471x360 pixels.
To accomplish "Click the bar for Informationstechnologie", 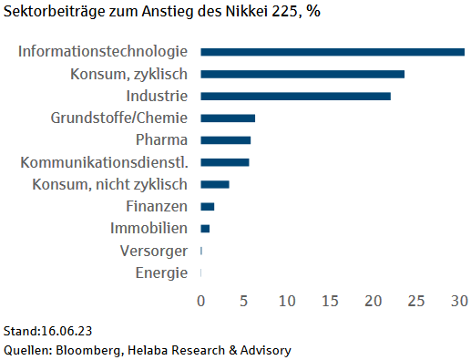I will pos(333,52).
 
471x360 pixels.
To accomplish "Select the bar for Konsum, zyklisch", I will pos(302,74).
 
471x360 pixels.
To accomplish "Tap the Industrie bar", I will pos(295,96).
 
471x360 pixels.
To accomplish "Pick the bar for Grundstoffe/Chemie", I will pos(228,118).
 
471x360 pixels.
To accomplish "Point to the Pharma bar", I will pos(225,140).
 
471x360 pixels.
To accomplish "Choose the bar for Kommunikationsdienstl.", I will pos(224,162).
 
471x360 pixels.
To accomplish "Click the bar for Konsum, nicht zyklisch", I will pos(215,184).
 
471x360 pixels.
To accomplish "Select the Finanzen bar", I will pos(208,206).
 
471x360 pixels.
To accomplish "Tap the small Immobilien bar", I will pos(205,228).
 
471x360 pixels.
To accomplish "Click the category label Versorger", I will pos(154,251).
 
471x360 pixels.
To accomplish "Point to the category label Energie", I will pos(161,273).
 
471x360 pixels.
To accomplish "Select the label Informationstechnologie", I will pos(103,52).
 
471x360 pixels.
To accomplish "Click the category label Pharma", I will pos(161,140).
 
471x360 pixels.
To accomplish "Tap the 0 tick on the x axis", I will pos(200,300).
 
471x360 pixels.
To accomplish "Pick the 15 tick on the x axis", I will pos(330,300).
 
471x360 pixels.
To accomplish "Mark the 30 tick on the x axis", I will pos(459,300).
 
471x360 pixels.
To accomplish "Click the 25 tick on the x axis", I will pos(416,300).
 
